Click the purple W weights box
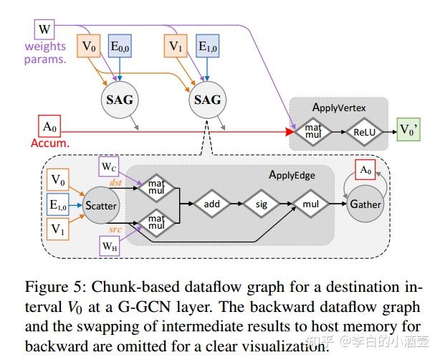coord(44,30)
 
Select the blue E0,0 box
coord(118,47)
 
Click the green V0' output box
coord(410,132)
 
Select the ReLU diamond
coord(360,132)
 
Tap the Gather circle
coord(365,204)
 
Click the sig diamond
coord(261,204)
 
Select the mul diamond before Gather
coord(310,204)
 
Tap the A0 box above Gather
coord(365,171)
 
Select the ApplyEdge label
coord(292,174)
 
